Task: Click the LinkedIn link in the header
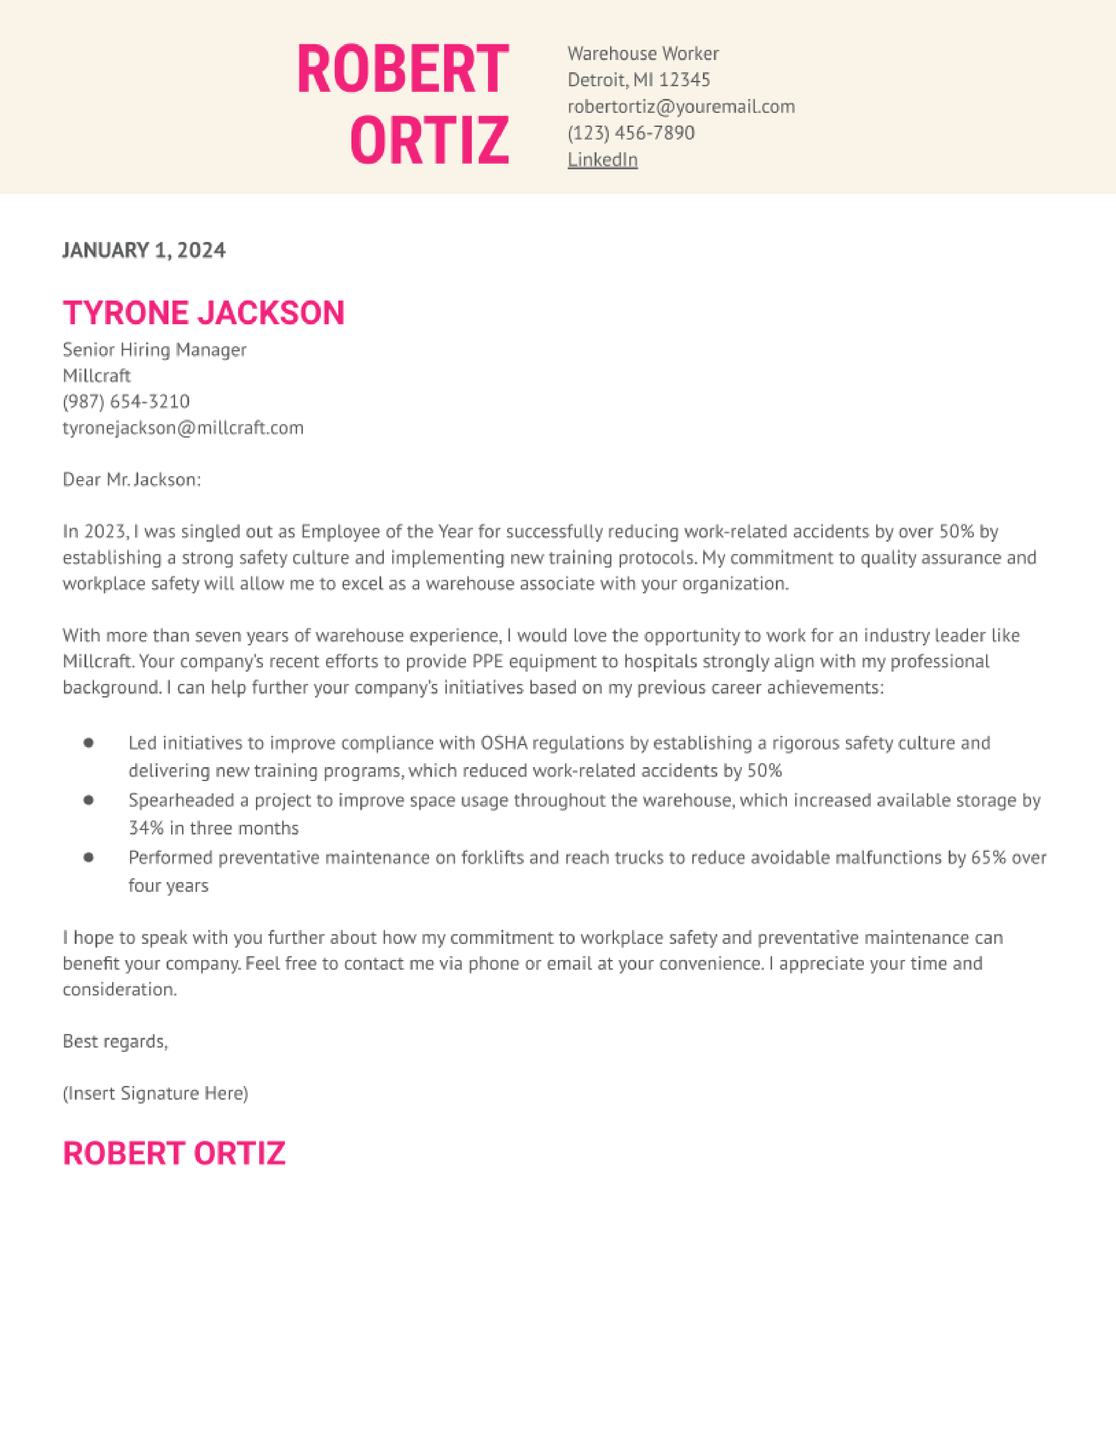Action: click(x=602, y=159)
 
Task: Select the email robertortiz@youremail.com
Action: click(x=681, y=106)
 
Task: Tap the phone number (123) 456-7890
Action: click(x=631, y=133)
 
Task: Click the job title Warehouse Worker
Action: click(x=642, y=53)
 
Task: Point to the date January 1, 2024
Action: click(x=144, y=250)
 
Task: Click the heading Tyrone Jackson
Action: click(x=204, y=313)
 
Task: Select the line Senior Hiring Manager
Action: click(x=154, y=349)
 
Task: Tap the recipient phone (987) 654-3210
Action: click(x=126, y=401)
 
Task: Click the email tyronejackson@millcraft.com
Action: click(x=183, y=428)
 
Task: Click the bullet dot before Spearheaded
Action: click(x=88, y=800)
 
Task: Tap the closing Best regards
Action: click(x=115, y=1041)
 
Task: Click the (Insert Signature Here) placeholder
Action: click(x=155, y=1093)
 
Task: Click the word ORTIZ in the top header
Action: click(x=430, y=140)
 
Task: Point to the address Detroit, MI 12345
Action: click(x=639, y=80)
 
